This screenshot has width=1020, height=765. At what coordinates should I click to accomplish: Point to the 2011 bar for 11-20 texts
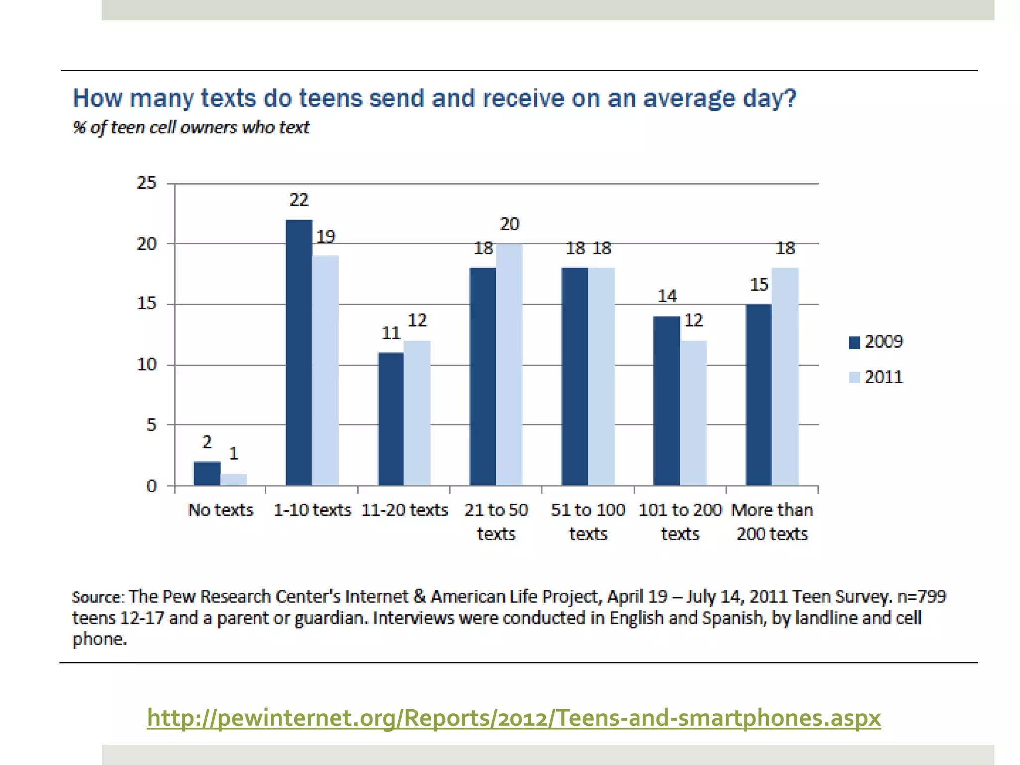(417, 413)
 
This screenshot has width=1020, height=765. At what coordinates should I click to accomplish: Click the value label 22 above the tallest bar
(299, 200)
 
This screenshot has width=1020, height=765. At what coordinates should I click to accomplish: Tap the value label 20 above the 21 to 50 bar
(510, 224)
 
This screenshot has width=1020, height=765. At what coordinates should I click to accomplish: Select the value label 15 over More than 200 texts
(759, 285)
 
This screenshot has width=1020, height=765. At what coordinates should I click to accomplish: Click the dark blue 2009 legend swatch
(854, 342)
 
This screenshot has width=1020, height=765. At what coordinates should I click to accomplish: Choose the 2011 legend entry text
(884, 377)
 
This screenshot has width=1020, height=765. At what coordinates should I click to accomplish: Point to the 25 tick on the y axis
(147, 183)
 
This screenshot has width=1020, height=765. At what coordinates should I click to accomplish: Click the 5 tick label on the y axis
(151, 425)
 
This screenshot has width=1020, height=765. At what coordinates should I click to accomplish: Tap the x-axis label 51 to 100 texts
(588, 521)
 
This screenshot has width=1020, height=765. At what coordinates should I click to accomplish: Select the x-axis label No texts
(220, 510)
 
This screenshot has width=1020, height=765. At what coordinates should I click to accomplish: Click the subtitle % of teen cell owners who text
(191, 127)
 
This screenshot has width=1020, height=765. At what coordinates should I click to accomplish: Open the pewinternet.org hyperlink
(513, 718)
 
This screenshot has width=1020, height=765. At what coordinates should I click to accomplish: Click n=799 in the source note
(921, 596)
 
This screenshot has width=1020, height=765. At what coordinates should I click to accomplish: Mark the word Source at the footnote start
(97, 597)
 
